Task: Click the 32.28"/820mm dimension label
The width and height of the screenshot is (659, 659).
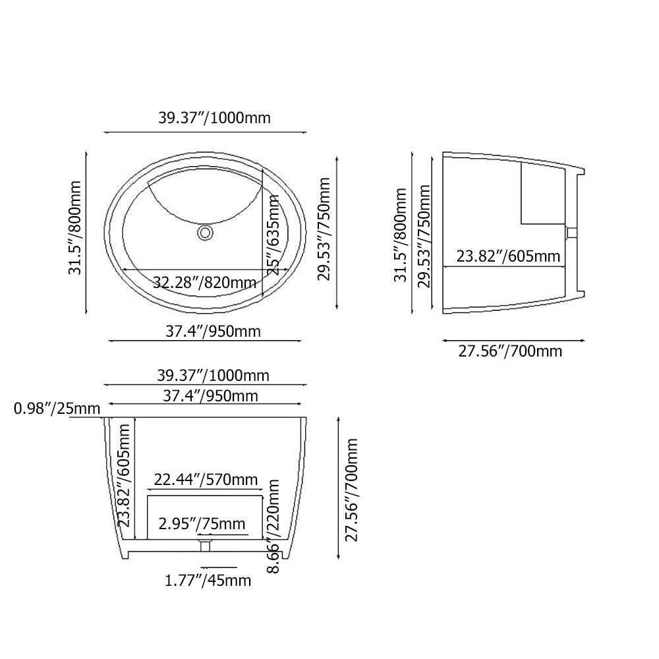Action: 205,282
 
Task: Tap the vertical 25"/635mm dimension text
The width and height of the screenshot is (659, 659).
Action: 273,235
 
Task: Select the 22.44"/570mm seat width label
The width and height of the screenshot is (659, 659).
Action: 206,479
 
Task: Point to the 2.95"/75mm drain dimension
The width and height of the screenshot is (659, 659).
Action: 202,524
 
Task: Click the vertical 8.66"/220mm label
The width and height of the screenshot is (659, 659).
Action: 273,526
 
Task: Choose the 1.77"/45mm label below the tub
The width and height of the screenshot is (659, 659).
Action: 208,581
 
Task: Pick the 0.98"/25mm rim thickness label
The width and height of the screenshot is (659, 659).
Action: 57,408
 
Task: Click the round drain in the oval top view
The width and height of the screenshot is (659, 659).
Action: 206,233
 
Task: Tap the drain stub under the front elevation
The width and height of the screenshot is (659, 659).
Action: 205,546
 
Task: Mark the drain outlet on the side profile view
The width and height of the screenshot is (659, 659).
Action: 571,233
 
